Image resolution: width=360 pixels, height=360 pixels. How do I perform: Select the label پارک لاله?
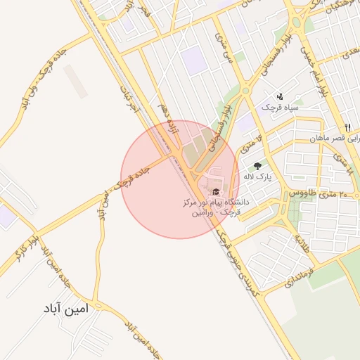[x=259, y=176]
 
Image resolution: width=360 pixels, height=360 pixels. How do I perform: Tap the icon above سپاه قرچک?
[x=280, y=96]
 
